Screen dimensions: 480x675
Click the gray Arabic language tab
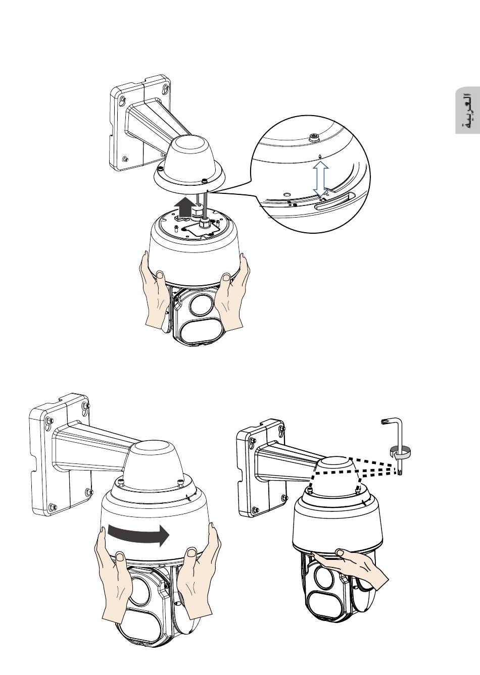[468, 111]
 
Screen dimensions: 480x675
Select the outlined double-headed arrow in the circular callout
[320, 179]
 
